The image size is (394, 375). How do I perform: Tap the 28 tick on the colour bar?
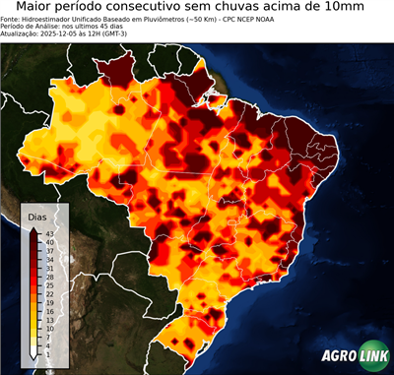49,278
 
